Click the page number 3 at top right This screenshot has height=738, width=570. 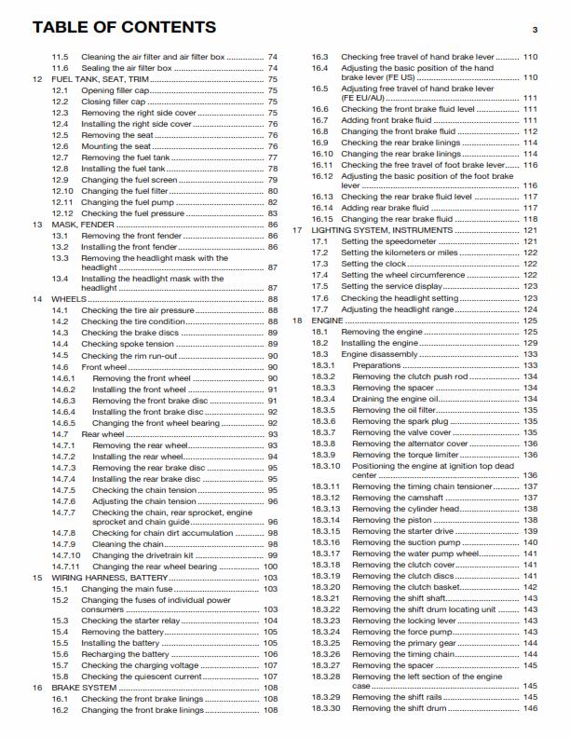tap(535, 31)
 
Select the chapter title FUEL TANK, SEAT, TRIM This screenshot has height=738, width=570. tap(98, 80)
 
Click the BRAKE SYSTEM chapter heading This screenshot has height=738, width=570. tap(81, 687)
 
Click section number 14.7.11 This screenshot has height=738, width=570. tap(66, 567)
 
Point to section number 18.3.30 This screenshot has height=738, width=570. tap(326, 708)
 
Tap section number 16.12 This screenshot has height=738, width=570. tap(321, 176)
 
